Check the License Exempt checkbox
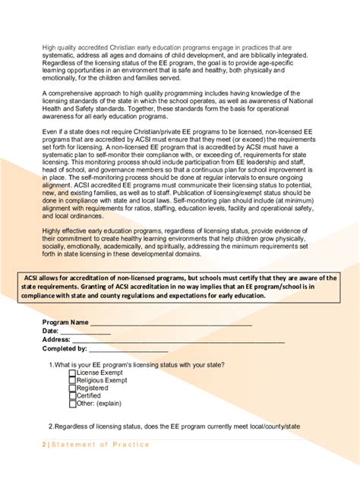[72, 373]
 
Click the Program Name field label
[65, 323]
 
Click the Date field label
[50, 332]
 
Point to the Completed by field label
[65, 348]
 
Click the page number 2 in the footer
[44, 445]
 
